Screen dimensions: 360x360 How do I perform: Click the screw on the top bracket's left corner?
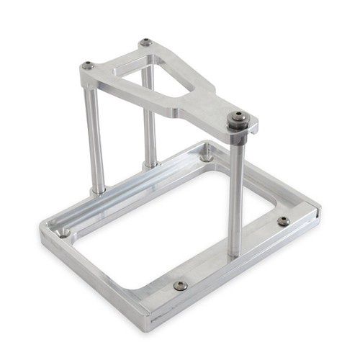point(88,66)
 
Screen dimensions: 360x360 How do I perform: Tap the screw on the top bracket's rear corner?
point(146,42)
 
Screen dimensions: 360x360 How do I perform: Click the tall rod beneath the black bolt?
point(234,194)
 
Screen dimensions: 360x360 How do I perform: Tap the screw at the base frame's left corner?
point(64,233)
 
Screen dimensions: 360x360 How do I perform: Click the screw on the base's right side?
point(284,220)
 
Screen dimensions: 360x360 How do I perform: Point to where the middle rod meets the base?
point(150,165)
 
